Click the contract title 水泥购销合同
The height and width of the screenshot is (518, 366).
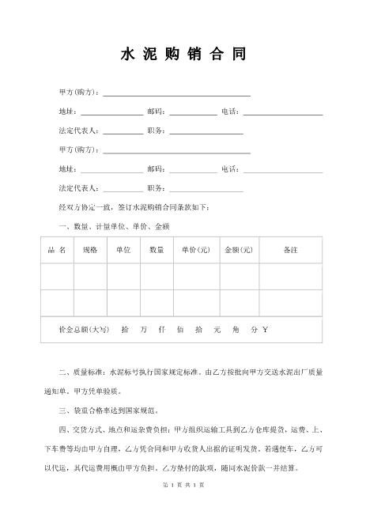[x=183, y=55]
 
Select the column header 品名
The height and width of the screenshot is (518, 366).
[x=57, y=250]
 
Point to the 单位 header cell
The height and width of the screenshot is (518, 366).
[x=123, y=250]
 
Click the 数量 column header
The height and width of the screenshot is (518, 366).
[x=157, y=250]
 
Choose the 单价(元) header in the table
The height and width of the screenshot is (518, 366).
[x=194, y=250]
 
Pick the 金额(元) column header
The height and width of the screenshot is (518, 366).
[x=238, y=250]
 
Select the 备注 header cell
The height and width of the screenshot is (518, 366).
[x=290, y=250]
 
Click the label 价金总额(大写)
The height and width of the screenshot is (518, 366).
[x=83, y=329]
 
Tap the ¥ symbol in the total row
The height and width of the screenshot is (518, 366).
[x=266, y=329]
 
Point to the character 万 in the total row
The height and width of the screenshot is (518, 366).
[x=143, y=329]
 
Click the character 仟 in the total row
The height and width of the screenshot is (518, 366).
[x=162, y=329]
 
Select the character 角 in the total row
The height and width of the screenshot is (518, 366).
[x=235, y=329]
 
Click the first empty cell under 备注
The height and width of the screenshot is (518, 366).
[x=290, y=276]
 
